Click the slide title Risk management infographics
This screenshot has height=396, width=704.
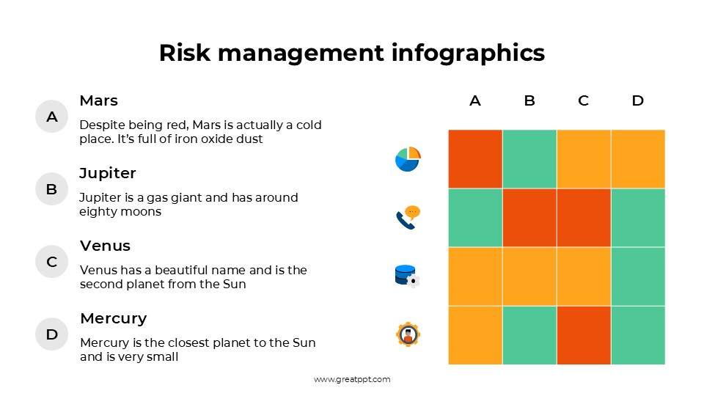click(x=352, y=53)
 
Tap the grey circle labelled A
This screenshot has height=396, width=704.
click(x=51, y=117)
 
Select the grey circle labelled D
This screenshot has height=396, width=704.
click(x=51, y=334)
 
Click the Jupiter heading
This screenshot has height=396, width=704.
click(x=108, y=173)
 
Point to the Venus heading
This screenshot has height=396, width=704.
click(x=105, y=246)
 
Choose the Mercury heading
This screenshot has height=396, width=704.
click(x=113, y=318)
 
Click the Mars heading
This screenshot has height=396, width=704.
click(x=98, y=100)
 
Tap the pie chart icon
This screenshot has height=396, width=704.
click(x=408, y=159)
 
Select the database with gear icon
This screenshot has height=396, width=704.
click(x=406, y=276)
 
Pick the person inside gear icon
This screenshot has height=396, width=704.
click(x=408, y=334)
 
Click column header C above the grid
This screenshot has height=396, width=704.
click(x=583, y=101)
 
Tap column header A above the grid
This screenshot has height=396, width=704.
click(x=475, y=101)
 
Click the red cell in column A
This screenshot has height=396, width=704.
click(x=475, y=159)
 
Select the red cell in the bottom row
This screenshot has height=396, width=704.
click(x=583, y=335)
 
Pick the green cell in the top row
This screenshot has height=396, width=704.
click(x=529, y=159)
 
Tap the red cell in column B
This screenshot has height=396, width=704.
click(x=529, y=218)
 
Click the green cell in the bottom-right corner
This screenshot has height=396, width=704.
click(x=637, y=335)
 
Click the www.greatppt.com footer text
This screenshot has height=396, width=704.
click(x=352, y=379)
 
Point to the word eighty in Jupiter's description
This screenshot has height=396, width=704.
click(x=96, y=212)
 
